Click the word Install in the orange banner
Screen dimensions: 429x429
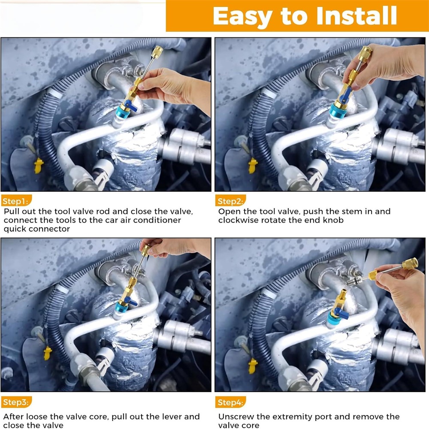(x=356, y=16)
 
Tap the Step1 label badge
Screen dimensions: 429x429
(x=16, y=201)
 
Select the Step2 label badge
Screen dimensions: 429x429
(x=230, y=201)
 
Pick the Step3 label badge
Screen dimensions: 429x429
(x=16, y=402)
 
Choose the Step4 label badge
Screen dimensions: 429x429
(x=230, y=402)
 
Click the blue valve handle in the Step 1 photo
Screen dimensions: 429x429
(x=131, y=106)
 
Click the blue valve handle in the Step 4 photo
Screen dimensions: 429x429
(x=341, y=313)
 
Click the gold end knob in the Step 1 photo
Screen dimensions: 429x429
(x=157, y=52)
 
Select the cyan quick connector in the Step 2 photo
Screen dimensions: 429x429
(x=337, y=111)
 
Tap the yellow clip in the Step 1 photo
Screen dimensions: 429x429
(x=38, y=166)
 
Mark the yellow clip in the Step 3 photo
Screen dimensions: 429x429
(x=48, y=353)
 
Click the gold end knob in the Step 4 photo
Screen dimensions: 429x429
(x=410, y=264)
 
